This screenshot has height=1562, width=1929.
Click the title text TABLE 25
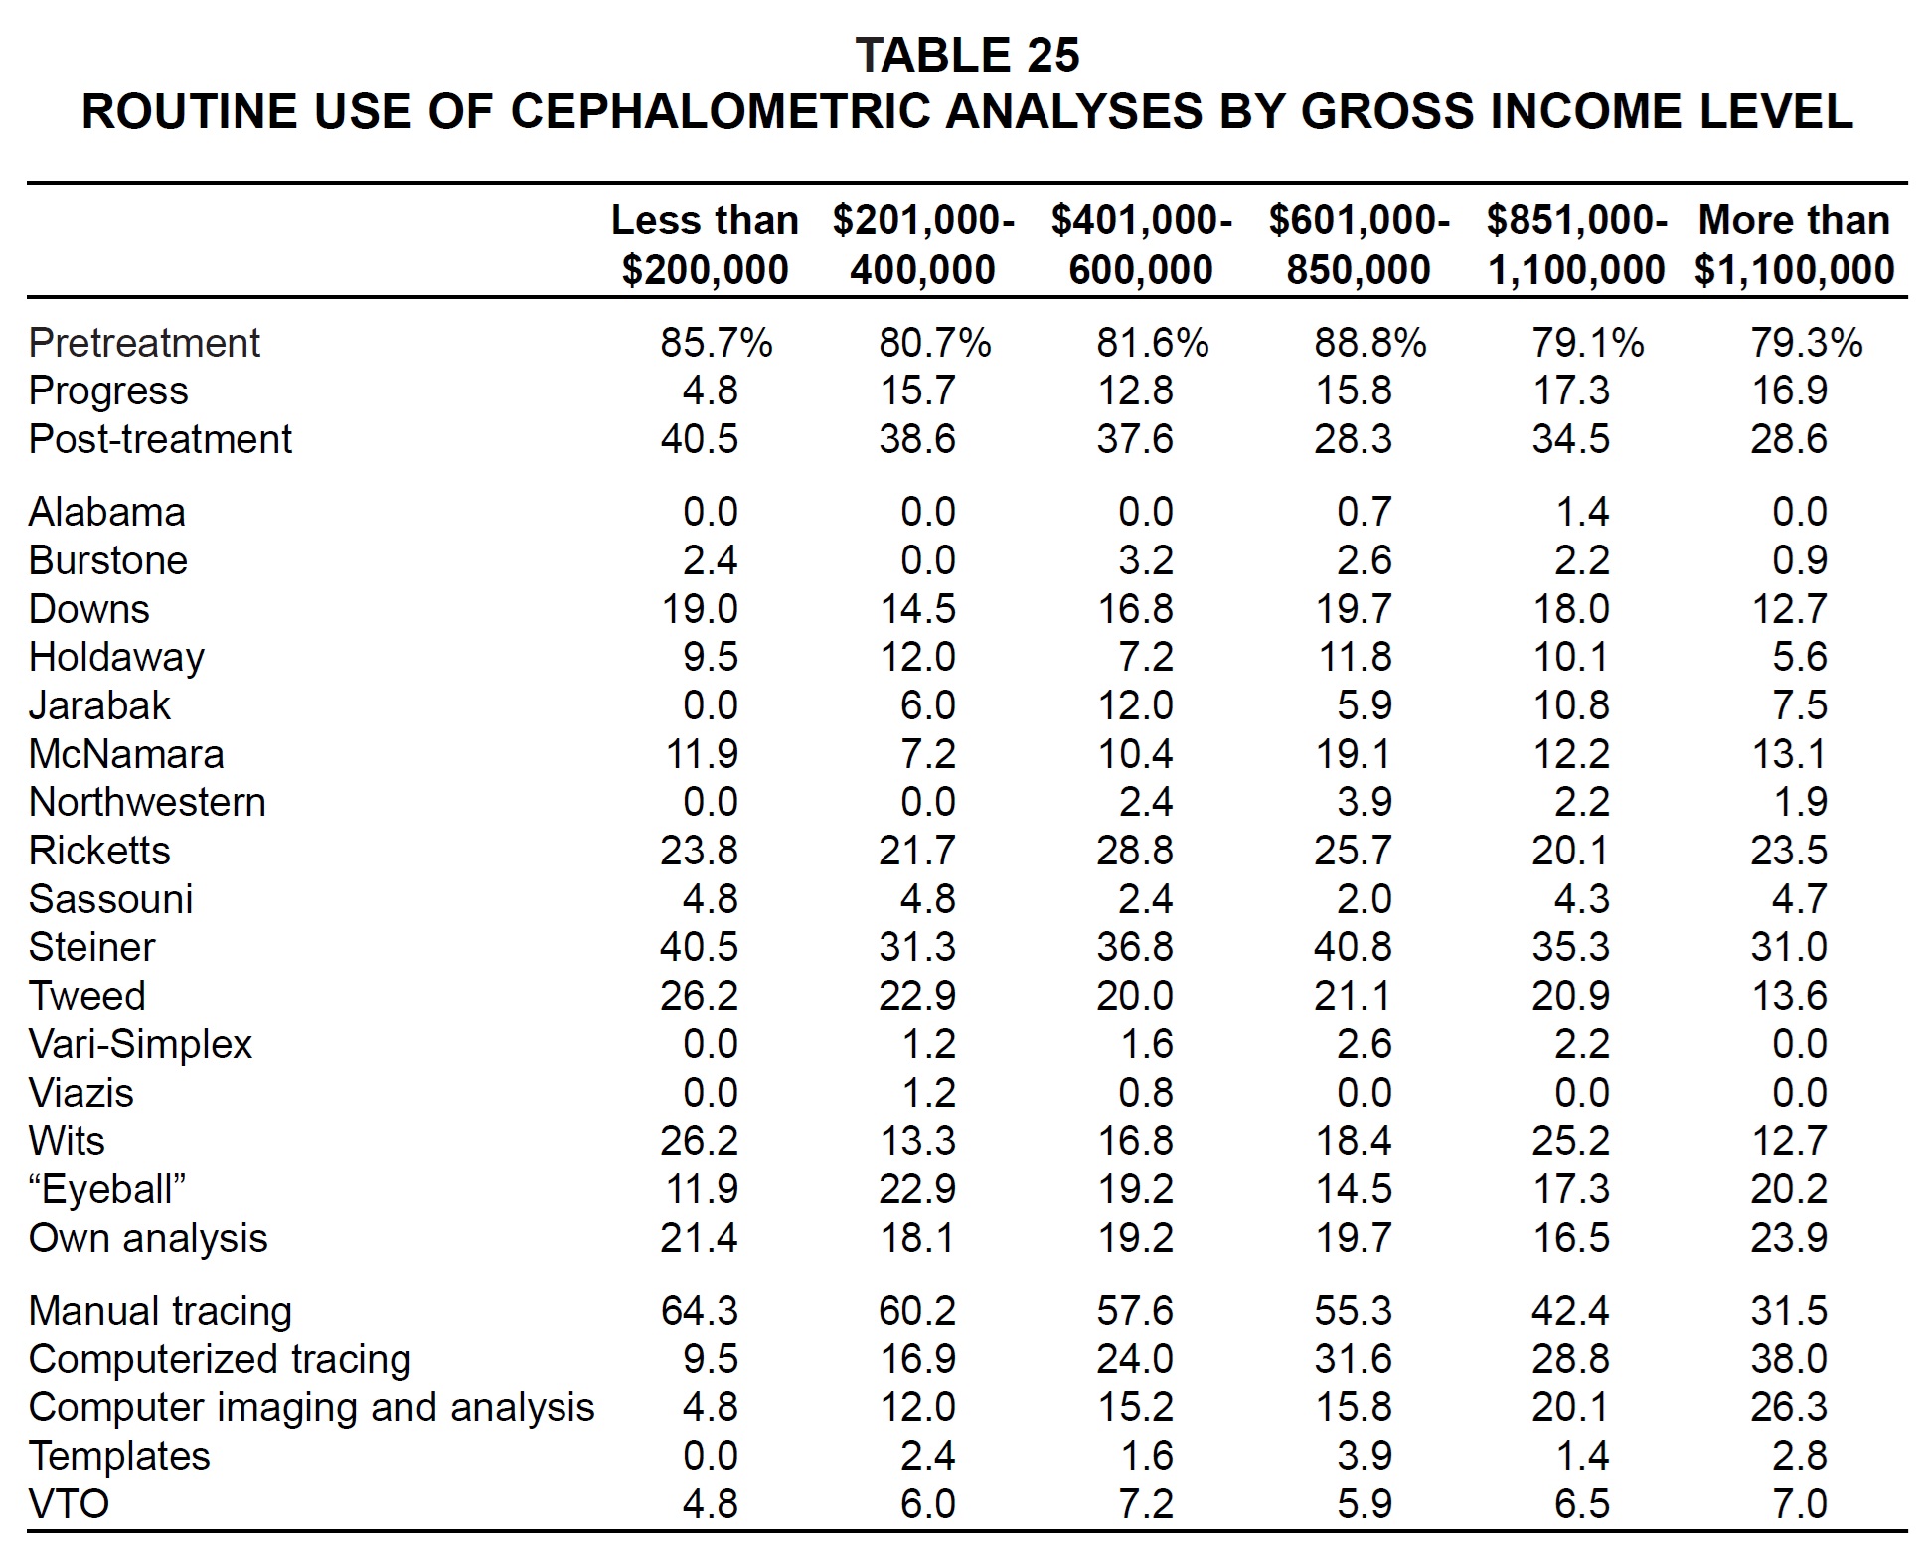966,55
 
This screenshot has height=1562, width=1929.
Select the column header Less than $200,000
705,244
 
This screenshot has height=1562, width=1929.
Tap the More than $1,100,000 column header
1794,244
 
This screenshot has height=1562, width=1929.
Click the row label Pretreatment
144,343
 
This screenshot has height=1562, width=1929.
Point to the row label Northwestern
147,802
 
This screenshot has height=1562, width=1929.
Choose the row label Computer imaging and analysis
311,1407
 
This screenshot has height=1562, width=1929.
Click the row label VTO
69,1503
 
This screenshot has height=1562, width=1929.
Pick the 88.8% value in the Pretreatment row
1370,343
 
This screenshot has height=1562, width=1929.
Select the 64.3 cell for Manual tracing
699,1311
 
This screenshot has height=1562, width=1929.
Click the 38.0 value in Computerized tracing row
1788,1358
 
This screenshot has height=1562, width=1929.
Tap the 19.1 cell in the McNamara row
1353,753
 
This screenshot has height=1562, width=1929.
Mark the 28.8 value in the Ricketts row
1135,851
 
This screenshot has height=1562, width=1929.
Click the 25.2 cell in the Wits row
1570,1141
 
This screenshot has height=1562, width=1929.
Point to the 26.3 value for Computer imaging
1788,1407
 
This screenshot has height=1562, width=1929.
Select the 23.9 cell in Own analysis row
1788,1238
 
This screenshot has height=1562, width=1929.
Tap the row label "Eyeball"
108,1189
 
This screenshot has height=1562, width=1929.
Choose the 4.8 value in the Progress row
710,390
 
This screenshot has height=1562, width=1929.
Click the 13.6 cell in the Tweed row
1788,996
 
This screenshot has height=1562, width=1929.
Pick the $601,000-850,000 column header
1359,244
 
